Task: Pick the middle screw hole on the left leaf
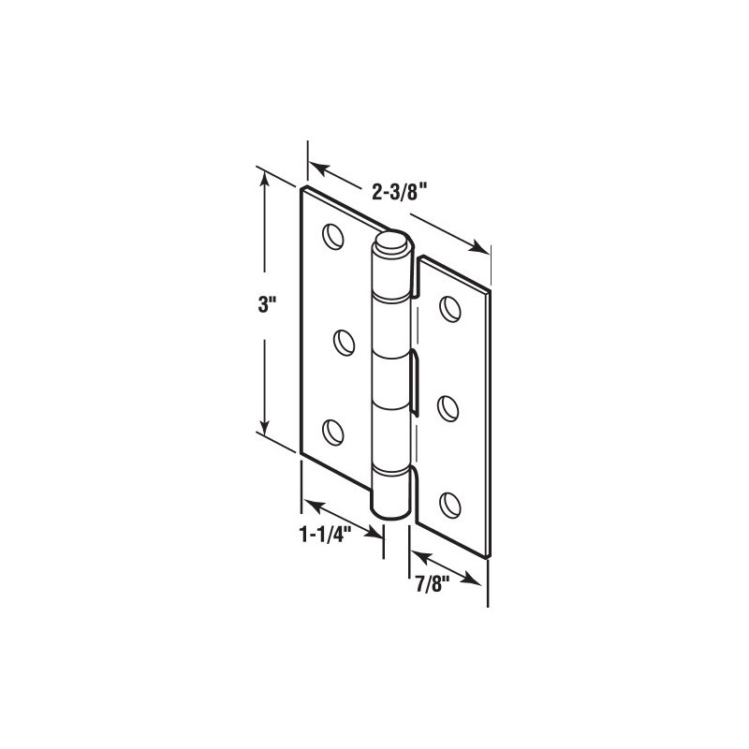click(x=342, y=340)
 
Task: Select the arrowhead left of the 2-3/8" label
click(x=318, y=169)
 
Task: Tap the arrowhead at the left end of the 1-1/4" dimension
click(x=310, y=503)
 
